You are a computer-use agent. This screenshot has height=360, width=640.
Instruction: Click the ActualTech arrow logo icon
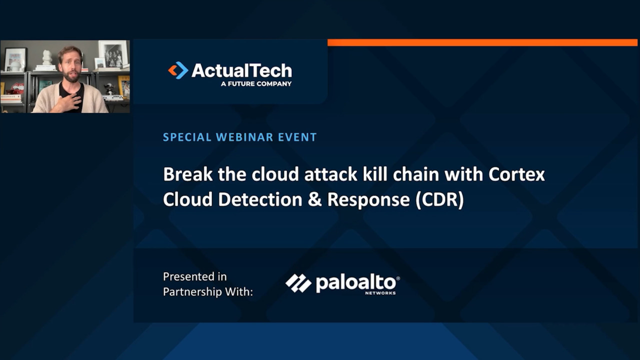tap(178, 70)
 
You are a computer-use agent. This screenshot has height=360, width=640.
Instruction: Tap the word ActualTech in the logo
tap(241, 70)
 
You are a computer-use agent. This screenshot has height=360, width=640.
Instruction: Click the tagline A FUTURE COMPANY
tap(256, 84)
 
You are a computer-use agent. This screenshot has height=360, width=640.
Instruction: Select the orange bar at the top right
tap(482, 43)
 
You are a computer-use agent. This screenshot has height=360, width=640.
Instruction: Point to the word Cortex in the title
tap(516, 174)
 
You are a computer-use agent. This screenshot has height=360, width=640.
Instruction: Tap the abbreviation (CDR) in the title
tap(439, 199)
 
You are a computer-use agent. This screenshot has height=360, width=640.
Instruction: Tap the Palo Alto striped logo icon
tap(298, 283)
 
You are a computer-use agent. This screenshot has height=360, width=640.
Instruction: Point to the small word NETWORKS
tap(380, 293)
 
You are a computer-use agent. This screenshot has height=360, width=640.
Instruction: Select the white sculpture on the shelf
tap(47, 57)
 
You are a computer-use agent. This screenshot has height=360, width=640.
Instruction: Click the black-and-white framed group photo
tap(112, 54)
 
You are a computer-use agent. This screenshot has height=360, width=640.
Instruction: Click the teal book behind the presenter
tap(44, 85)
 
